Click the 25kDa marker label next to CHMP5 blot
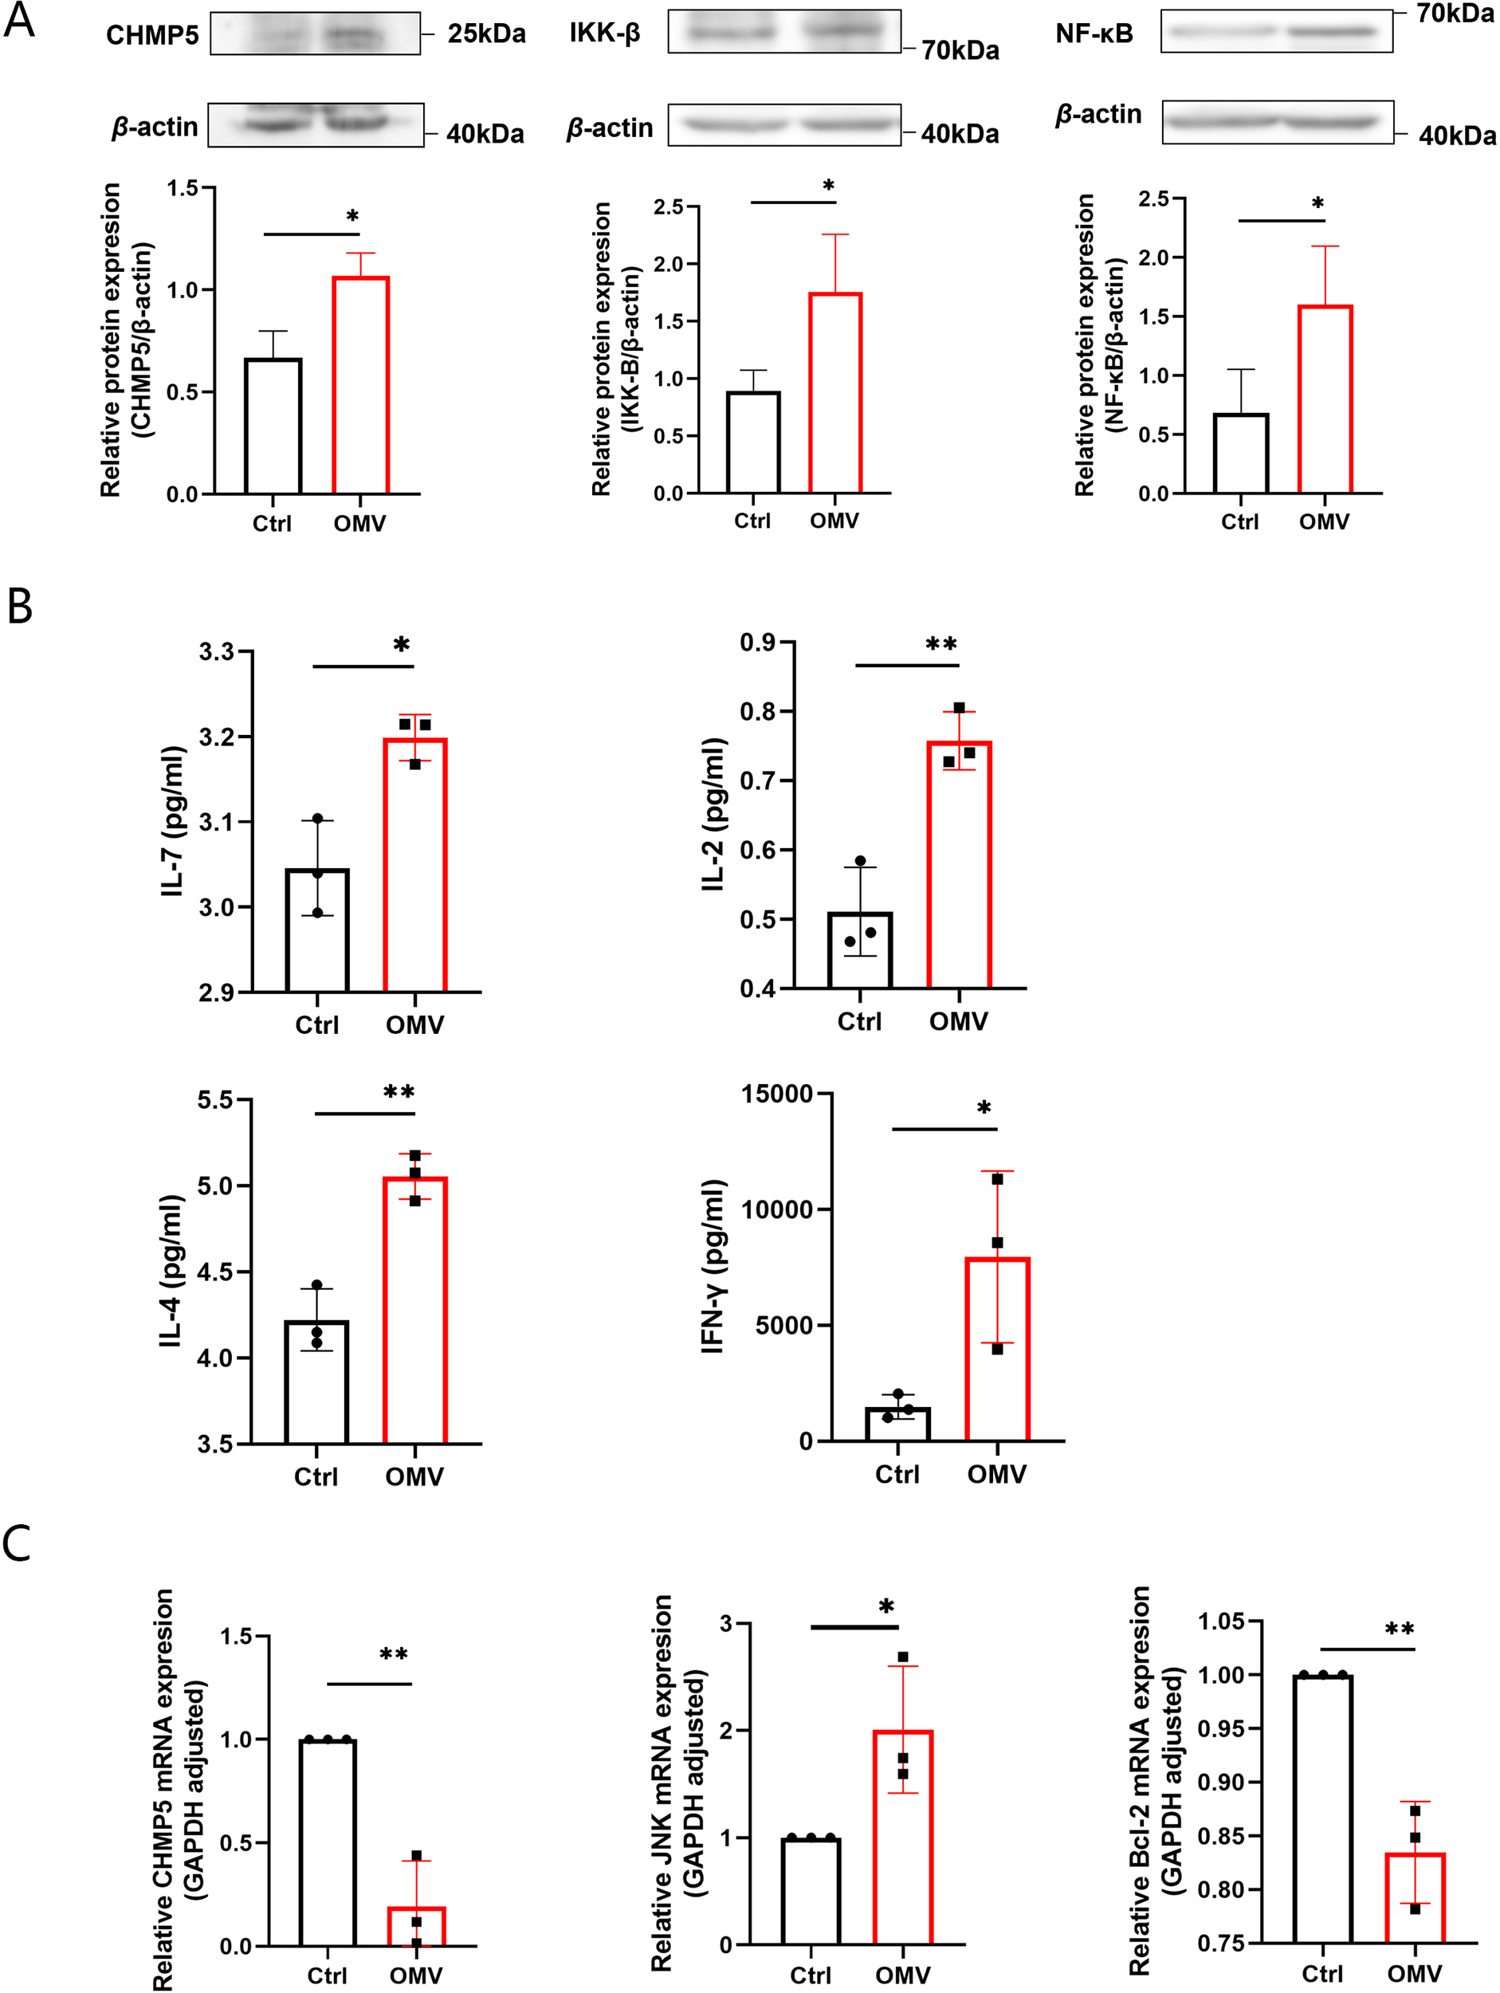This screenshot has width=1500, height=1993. click(x=486, y=34)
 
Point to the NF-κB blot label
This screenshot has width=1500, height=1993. click(x=1094, y=34)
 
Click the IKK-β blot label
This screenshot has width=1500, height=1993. click(x=604, y=34)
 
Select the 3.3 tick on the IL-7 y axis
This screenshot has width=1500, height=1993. click(x=216, y=651)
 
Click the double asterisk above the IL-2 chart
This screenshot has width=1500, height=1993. click(x=940, y=643)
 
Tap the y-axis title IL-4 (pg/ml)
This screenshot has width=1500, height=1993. click(x=171, y=1272)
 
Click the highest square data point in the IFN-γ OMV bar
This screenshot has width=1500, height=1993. click(x=997, y=1179)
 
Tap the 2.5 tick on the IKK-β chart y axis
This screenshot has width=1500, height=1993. click(x=668, y=207)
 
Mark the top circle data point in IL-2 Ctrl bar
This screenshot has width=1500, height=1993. click(x=860, y=861)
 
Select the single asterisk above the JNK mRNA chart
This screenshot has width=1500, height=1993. click(x=886, y=1606)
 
